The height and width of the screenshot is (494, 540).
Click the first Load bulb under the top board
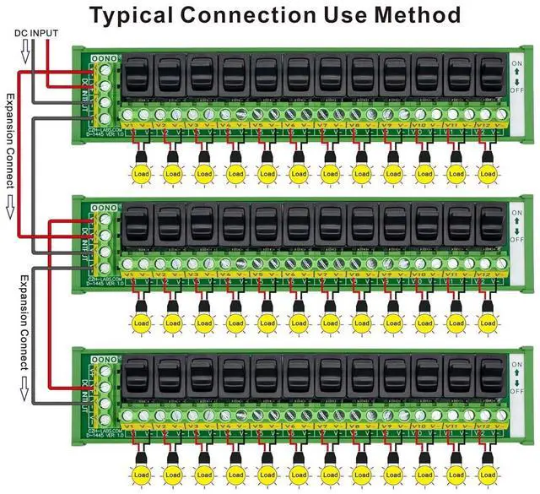140,173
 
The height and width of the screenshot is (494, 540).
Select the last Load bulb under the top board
488,173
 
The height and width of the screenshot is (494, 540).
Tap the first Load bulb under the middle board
140,323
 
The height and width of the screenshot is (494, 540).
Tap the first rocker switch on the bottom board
138,375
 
